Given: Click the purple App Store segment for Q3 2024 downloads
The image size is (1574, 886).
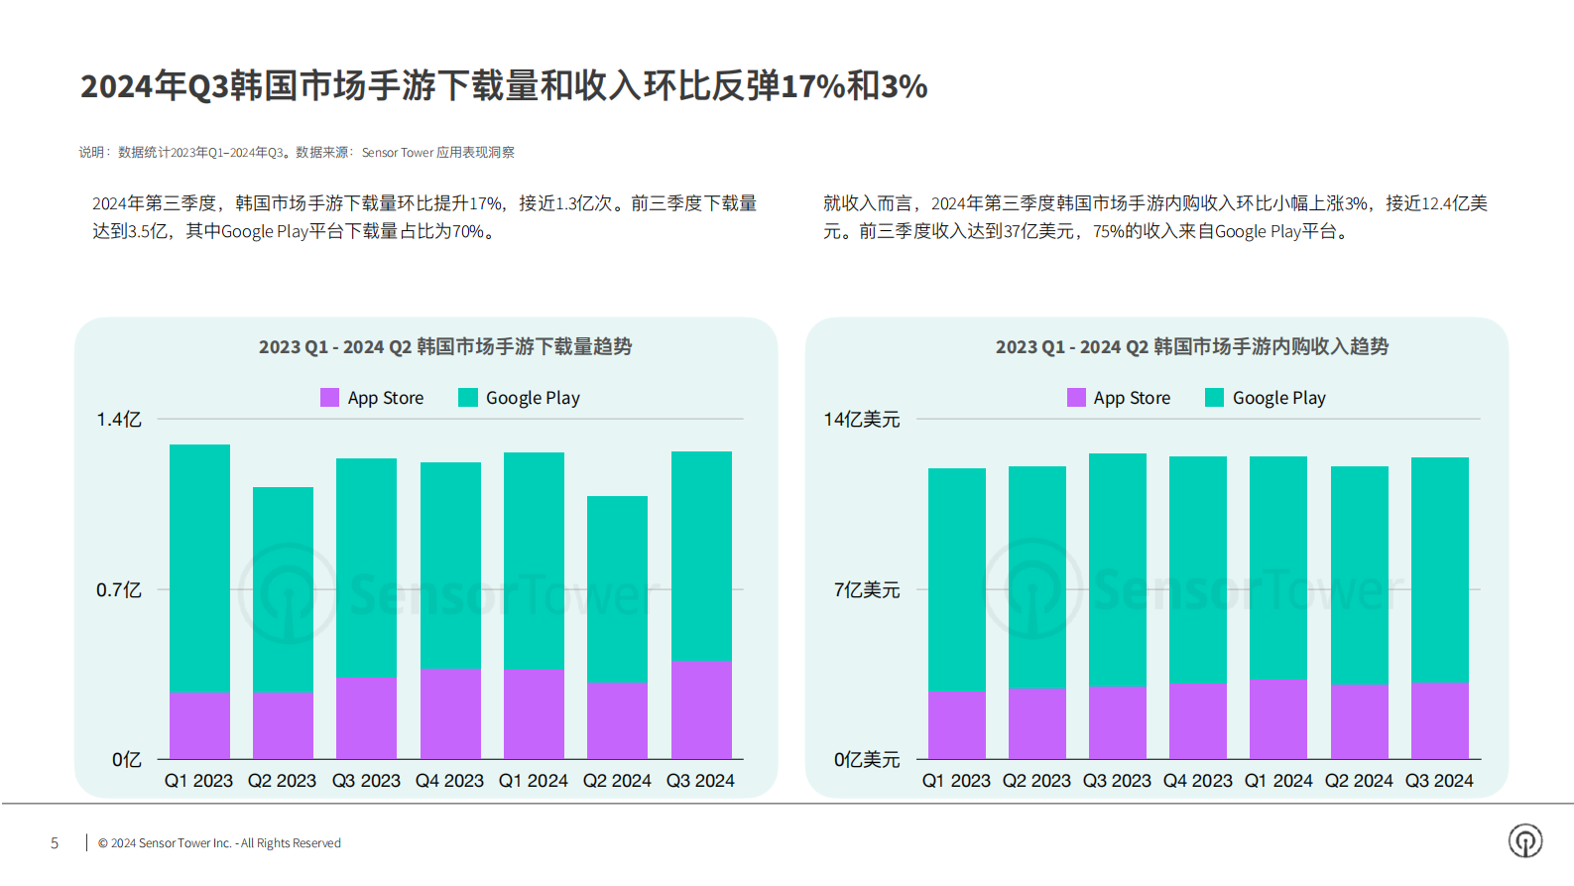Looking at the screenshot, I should [x=701, y=709].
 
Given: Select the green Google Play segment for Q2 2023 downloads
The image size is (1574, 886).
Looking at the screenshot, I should [x=283, y=588].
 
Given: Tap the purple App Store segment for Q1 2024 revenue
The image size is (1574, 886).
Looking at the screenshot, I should [x=1277, y=719].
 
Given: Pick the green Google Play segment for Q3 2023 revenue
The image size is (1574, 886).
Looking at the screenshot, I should [x=1117, y=569].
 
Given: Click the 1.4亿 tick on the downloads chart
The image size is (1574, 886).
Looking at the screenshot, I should [x=119, y=420].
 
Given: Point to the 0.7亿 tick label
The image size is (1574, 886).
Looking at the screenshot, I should [x=119, y=590].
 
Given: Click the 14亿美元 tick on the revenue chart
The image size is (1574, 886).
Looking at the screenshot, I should [x=861, y=420].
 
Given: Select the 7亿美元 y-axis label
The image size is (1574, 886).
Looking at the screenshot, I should [x=866, y=590].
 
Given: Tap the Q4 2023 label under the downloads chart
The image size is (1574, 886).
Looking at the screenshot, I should [x=449, y=781].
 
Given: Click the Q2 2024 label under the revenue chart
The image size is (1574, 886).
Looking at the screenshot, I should [x=1358, y=781].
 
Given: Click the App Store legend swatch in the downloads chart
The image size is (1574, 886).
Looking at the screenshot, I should [x=330, y=398].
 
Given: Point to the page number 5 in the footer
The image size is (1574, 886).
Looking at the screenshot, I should [x=55, y=843].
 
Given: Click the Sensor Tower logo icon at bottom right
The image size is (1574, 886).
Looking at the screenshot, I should [x=1524, y=840].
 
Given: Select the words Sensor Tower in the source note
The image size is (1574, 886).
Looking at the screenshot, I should [x=397, y=153].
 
